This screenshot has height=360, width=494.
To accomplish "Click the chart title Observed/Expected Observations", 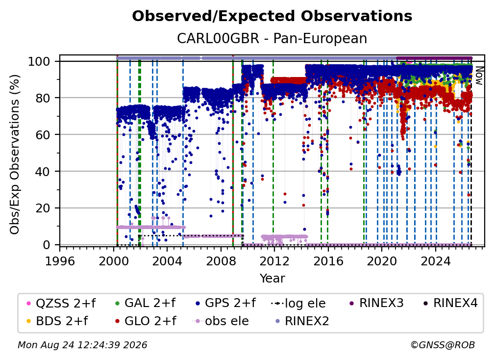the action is point(272,16).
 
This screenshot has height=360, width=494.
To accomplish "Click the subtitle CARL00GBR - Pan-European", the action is point(272,38).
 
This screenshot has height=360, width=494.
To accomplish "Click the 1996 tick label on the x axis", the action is point(60,261).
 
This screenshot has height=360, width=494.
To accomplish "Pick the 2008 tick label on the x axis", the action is point(221,261).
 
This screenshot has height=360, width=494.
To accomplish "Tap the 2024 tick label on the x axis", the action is point(435,261).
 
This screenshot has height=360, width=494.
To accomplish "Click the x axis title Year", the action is point(272,279).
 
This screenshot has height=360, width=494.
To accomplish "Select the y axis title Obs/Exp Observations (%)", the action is point(15,154).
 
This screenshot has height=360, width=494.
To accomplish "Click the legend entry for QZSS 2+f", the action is point(61,303).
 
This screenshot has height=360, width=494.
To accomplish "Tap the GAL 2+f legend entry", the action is point(145,303).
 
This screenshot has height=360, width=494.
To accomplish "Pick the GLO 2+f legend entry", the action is point(146,321).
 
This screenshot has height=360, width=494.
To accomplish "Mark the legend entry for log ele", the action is point(298,303).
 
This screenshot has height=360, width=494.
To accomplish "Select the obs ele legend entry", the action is point(220,321).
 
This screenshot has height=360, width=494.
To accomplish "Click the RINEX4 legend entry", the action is point(450,303).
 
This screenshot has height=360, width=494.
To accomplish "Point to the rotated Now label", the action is point(479,76).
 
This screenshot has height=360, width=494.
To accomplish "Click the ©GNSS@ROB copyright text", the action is point(443,345).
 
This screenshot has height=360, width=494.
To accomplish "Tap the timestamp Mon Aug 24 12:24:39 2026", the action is point(82,345).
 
